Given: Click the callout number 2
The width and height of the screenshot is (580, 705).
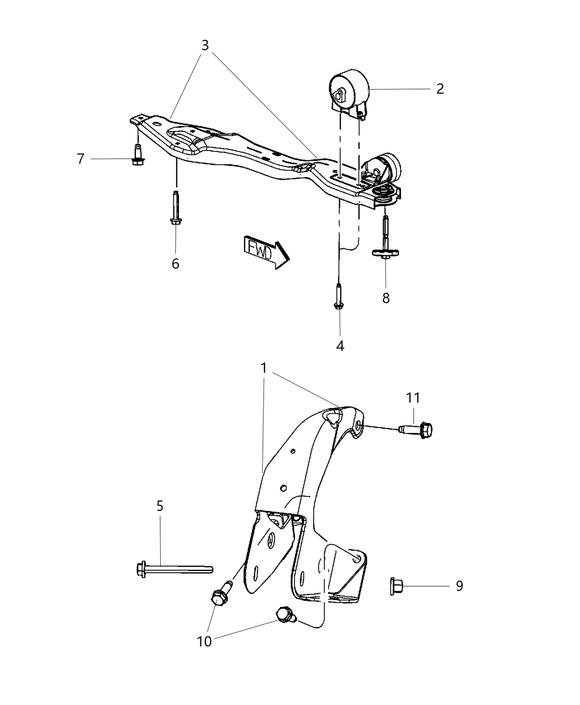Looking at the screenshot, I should (440, 89).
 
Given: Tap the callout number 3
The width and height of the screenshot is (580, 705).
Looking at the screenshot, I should (205, 45).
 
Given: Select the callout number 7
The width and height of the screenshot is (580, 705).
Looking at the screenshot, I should (81, 159).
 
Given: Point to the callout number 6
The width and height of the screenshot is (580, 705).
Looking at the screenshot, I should (175, 264).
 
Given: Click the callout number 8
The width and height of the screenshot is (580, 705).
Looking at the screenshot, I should (386, 298).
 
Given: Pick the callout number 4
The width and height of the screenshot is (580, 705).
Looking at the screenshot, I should (340, 346).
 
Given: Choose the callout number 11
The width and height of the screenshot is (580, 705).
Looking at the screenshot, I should (413, 398).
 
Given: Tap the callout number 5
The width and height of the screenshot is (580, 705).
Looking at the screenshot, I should (160, 505).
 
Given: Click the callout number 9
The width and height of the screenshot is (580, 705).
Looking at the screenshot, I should (459, 586).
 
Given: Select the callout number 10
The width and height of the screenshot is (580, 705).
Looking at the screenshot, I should (204, 642).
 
